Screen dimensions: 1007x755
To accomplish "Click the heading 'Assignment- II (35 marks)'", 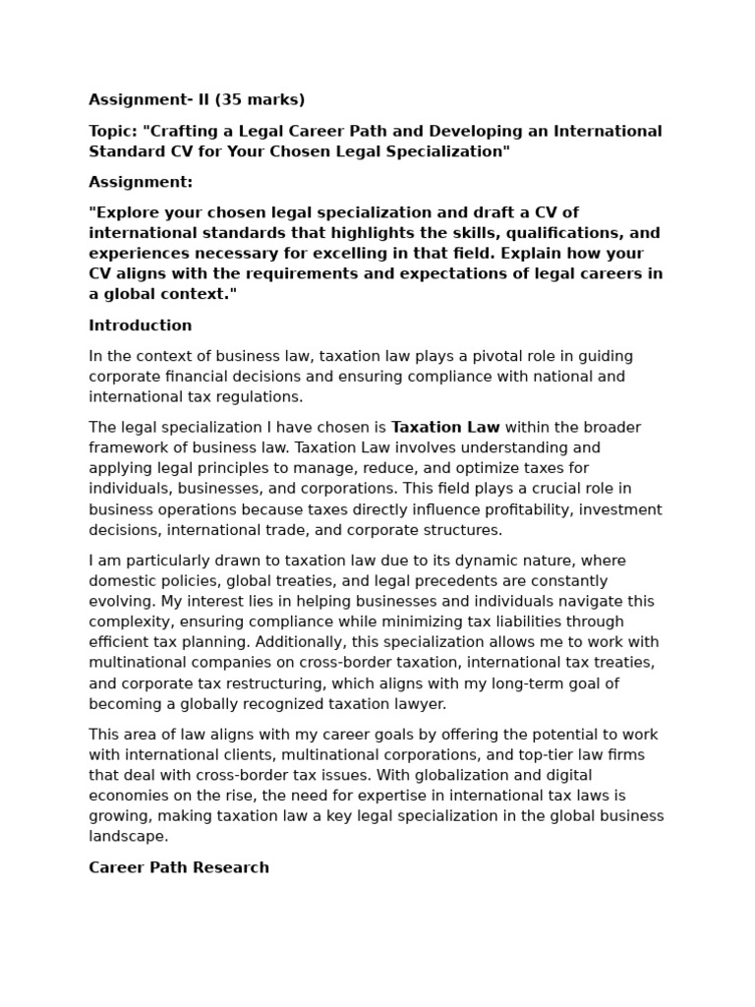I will pos(197,99).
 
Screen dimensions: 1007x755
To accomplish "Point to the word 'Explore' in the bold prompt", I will pos(125,212).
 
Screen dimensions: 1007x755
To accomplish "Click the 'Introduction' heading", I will pos(141,326).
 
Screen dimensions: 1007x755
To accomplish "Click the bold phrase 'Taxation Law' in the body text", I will pos(445,428).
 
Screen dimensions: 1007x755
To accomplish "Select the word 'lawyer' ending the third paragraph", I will pos(419,704).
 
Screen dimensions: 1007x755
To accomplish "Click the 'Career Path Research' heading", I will pos(179,867).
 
